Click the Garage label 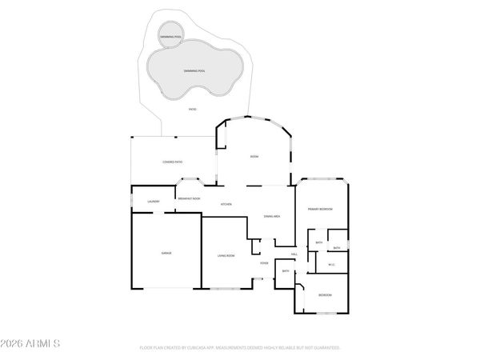pos(167,253)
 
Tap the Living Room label pos(226,255)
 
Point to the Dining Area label pos(271,216)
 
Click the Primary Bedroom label pos(320,209)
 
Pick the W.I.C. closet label pos(330,265)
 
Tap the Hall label pos(294,254)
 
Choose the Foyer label pos(263,262)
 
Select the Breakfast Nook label pos(189,198)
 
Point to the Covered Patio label pos(173,162)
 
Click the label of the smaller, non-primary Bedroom pos(325,295)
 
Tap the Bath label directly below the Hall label pos(286,271)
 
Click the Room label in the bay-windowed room pos(254,156)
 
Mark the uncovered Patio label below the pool pos(192,109)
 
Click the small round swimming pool pos(170,37)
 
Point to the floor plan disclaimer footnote pos(240,348)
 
